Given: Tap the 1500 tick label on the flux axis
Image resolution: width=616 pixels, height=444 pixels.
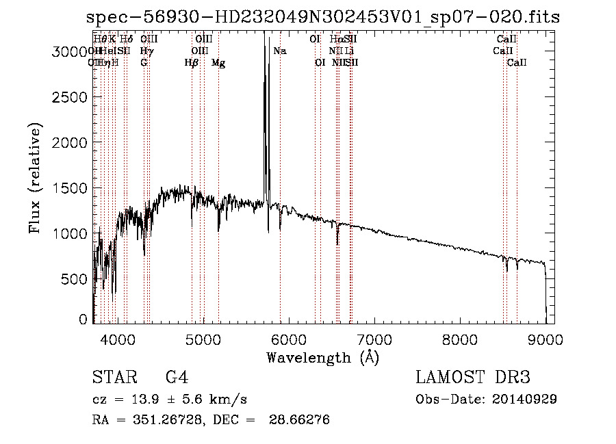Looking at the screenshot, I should pos(68,188).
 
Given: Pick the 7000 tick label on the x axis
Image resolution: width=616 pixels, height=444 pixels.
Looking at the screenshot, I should pos(374,339).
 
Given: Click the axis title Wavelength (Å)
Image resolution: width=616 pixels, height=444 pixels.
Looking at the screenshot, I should pos(322,357).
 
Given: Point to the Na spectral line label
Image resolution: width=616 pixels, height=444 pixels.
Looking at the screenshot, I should pos(280,51).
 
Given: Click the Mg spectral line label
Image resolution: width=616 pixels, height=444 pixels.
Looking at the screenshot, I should pos(218,63).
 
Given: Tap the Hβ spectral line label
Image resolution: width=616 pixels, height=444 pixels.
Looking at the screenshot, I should pos(192,63).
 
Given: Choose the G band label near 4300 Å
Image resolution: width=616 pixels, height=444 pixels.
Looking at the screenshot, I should pos(144,63).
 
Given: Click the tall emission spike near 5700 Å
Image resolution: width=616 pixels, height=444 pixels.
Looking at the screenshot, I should pos(264,103).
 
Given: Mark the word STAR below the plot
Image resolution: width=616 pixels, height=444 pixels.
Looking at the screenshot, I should pos(110,378).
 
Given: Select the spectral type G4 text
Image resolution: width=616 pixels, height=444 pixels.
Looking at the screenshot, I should pos(177,378).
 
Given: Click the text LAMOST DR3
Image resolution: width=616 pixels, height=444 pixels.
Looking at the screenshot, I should pos(473,378).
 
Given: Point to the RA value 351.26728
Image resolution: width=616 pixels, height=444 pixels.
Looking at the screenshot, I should pos(168,420).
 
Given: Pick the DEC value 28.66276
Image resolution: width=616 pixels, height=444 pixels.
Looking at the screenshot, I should pos(301,420).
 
